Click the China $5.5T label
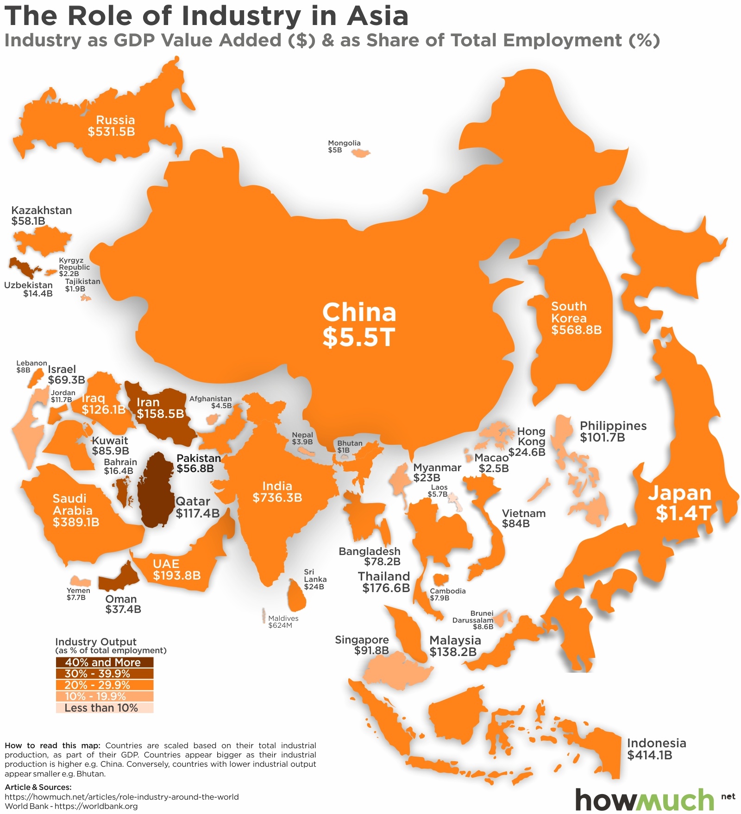(359, 324)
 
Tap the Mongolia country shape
(361, 153)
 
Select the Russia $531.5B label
(112, 126)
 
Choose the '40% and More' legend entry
(104, 663)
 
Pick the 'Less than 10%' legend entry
(104, 708)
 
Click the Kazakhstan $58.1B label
(41, 215)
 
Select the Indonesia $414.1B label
(656, 749)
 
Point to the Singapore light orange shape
(396, 672)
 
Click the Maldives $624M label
(283, 622)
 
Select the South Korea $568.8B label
(576, 318)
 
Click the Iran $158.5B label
(160, 408)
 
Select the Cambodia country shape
(440, 579)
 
